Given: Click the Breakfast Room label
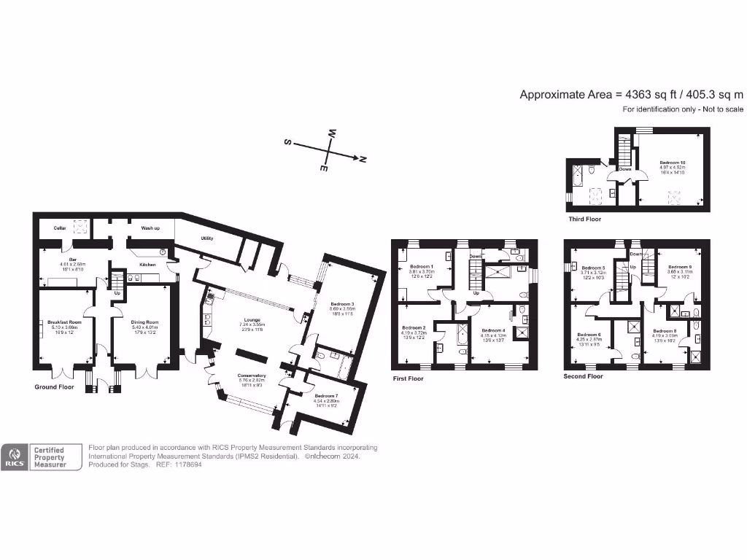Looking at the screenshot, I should [x=64, y=322].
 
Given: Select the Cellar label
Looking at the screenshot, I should [x=60, y=228].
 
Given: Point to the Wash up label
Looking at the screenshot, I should [x=151, y=228].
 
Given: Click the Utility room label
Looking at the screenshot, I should [x=206, y=238].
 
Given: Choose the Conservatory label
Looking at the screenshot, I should [x=252, y=376].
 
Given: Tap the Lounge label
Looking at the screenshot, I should [x=252, y=319].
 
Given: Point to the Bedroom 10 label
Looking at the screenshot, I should [x=672, y=163].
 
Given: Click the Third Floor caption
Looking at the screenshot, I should [x=585, y=219].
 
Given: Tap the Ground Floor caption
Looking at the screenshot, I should [x=54, y=387].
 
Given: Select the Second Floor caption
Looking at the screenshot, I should [x=583, y=377].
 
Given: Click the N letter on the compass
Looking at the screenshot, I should [x=363, y=159].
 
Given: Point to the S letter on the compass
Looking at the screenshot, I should [x=287, y=144].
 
